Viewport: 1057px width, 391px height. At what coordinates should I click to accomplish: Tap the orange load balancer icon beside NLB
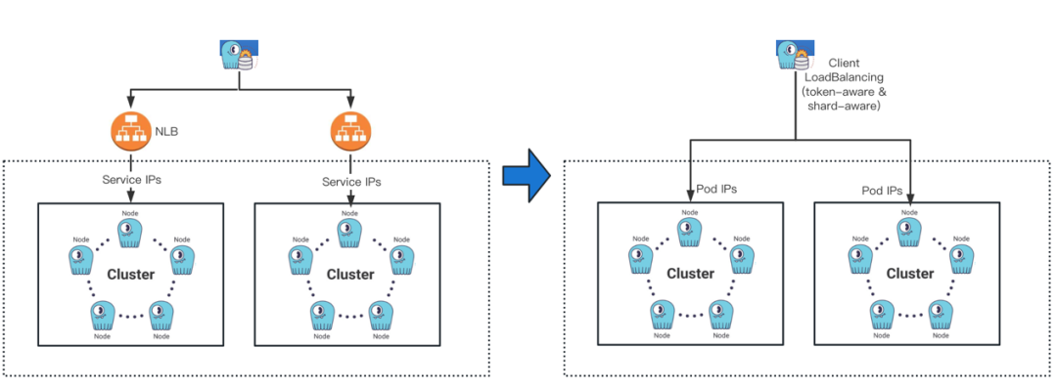coord(130,129)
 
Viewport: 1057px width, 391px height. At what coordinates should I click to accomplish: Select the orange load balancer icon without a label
coord(348,129)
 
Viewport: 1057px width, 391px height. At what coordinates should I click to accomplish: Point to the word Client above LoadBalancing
coord(844,62)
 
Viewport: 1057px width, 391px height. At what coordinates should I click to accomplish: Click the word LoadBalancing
coord(844,76)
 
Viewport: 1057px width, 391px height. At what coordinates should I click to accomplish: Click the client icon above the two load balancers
coord(239,56)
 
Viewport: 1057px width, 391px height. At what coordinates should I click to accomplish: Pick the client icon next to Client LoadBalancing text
coord(792,55)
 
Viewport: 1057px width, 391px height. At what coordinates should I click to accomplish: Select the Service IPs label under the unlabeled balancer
coord(351,182)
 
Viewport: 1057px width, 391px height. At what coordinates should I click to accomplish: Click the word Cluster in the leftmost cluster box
coord(130,274)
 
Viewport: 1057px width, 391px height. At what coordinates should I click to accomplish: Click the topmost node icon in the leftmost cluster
coord(129,232)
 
